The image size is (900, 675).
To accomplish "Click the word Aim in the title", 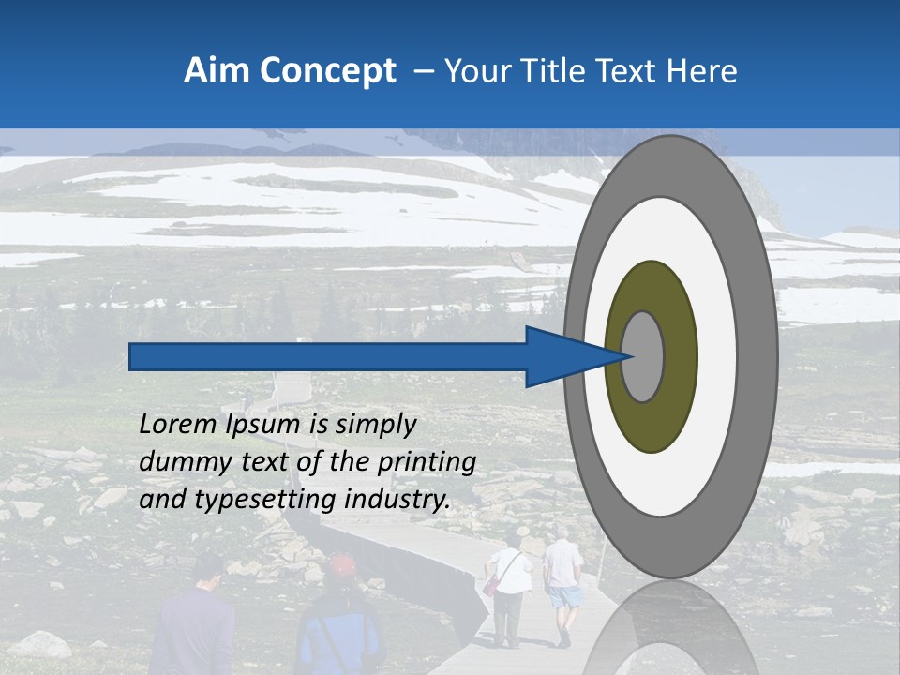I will coord(217,71).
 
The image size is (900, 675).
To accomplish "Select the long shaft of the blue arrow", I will coord(328,356).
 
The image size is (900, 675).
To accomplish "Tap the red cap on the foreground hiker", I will coord(342,565).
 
